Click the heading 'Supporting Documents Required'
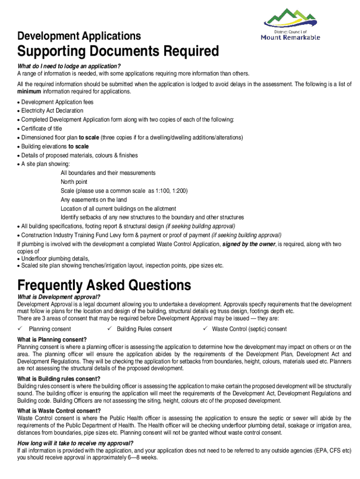(118, 51)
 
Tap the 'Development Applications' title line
(79, 36)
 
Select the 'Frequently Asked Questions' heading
(104, 285)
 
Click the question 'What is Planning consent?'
(52, 340)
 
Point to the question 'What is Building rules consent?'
(58, 379)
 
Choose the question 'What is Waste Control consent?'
(59, 411)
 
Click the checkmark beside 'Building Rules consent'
(109, 329)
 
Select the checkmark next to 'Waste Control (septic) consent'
(204, 329)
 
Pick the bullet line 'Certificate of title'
(42, 129)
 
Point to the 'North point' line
(74, 182)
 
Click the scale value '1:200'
(179, 191)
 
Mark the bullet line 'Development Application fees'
(57, 102)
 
